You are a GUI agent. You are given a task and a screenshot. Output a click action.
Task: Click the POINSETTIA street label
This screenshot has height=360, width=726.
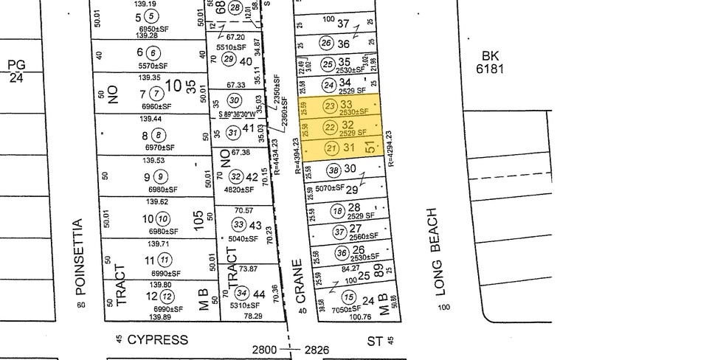tap(80, 256)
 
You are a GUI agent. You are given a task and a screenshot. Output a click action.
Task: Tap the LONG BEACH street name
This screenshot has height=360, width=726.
tap(443, 251)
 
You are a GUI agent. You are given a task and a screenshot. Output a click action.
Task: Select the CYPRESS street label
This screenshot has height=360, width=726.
tap(157, 340)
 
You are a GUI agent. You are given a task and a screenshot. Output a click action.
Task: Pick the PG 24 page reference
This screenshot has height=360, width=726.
tap(16, 70)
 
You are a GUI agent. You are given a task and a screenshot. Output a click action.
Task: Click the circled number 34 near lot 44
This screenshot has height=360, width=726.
tap(241, 294)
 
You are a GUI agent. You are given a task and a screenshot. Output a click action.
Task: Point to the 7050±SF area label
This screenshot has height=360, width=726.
tap(343, 308)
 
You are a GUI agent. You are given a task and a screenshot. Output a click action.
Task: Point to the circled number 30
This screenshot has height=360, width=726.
tap(235, 100)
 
